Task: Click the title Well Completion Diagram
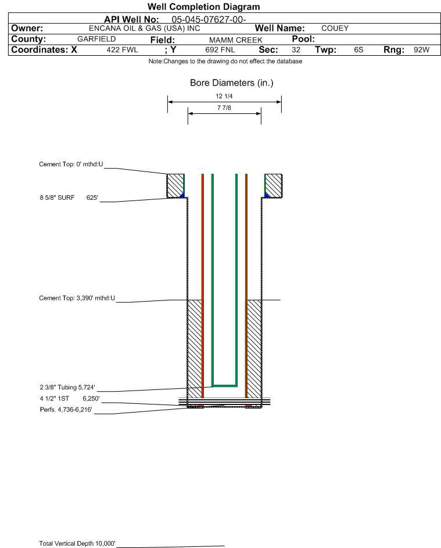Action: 203,7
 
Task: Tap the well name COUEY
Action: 335,28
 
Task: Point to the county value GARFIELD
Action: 96,39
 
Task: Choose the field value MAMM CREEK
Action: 236,40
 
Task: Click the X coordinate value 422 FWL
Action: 122,50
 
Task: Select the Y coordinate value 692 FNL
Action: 220,50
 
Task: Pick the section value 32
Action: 296,50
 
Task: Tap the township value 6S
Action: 358,50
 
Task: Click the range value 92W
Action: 421,50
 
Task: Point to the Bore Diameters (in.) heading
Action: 231,83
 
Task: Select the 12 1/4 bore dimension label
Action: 224,96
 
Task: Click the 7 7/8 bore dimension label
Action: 224,108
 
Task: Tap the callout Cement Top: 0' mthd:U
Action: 71,164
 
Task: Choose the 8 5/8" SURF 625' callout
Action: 69,198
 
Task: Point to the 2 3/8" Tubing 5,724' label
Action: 67,387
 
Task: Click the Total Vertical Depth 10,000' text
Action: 77,543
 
